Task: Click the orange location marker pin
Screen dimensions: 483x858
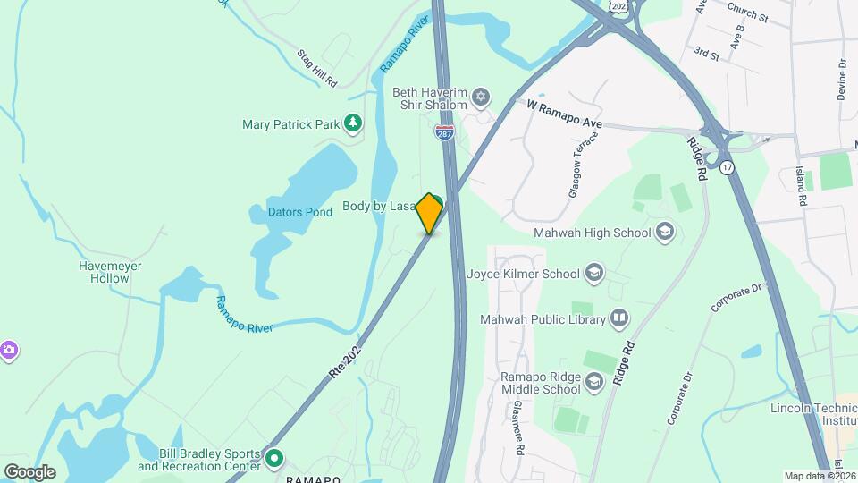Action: [430, 213]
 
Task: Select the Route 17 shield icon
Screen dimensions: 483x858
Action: [728, 167]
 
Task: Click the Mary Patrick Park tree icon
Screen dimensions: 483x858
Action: [354, 123]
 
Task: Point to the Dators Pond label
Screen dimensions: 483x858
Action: [300, 213]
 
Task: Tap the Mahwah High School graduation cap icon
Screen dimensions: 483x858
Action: [664, 233]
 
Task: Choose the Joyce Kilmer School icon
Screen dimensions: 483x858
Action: [594, 273]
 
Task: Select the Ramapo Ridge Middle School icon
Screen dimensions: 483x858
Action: [595, 383]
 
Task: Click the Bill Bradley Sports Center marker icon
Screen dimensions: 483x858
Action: [274, 460]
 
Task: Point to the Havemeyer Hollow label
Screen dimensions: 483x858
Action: [110, 272]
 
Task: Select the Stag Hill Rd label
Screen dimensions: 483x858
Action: [317, 68]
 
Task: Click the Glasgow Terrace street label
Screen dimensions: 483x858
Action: [577, 166]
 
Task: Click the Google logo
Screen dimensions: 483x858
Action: [29, 471]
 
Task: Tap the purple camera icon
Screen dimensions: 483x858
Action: [9, 349]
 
